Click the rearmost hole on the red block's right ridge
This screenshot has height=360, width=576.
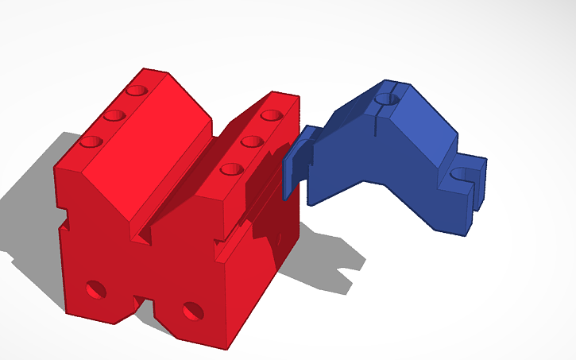click(273, 115)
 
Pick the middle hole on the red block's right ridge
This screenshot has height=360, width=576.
click(252, 141)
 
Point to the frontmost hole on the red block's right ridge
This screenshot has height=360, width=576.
click(231, 168)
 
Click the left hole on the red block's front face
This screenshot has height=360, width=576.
click(96, 288)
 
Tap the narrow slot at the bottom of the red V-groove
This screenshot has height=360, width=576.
click(145, 235)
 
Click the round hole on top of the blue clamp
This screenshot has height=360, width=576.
click(387, 99)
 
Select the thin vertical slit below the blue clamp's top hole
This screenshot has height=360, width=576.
click(373, 123)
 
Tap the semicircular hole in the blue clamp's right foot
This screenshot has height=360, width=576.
click(460, 174)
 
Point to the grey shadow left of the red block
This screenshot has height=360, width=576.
click(32, 199)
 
